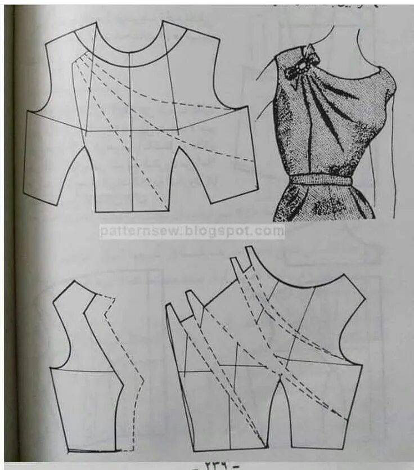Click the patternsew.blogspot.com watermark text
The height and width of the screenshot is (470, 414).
[x=192, y=231]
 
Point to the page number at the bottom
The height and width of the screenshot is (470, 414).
[x=215, y=465]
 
